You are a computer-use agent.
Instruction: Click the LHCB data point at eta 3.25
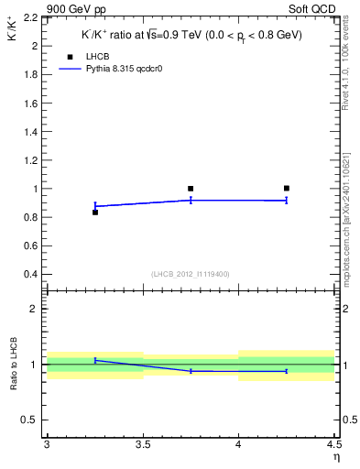[95, 213]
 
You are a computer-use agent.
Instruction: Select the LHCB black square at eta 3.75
[191, 189]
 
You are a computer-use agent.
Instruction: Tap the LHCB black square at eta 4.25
[287, 189]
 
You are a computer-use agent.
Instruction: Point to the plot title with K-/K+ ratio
[191, 36]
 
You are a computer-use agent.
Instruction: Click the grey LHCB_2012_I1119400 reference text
[191, 274]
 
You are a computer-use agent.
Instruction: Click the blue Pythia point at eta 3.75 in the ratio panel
[191, 371]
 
